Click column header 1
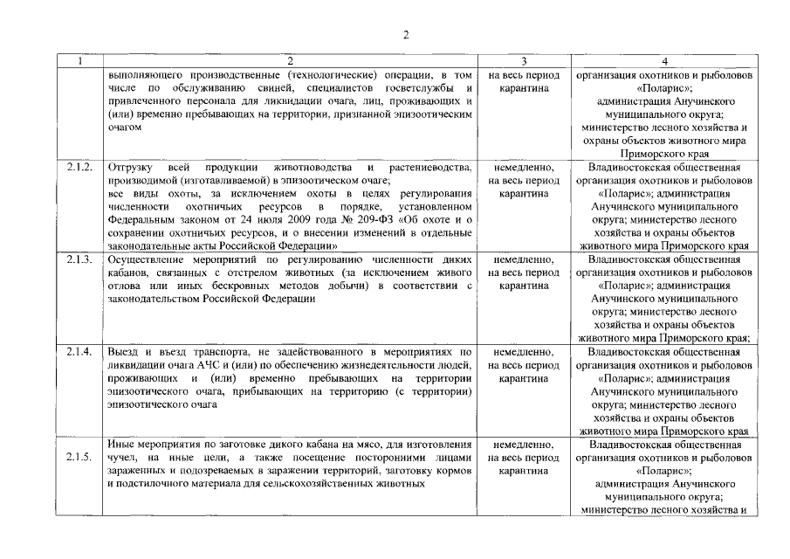tap(79, 61)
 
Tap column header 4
tap(665, 61)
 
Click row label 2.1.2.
tap(79, 167)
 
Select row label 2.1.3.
tap(79, 259)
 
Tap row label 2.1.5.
tap(79, 458)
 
